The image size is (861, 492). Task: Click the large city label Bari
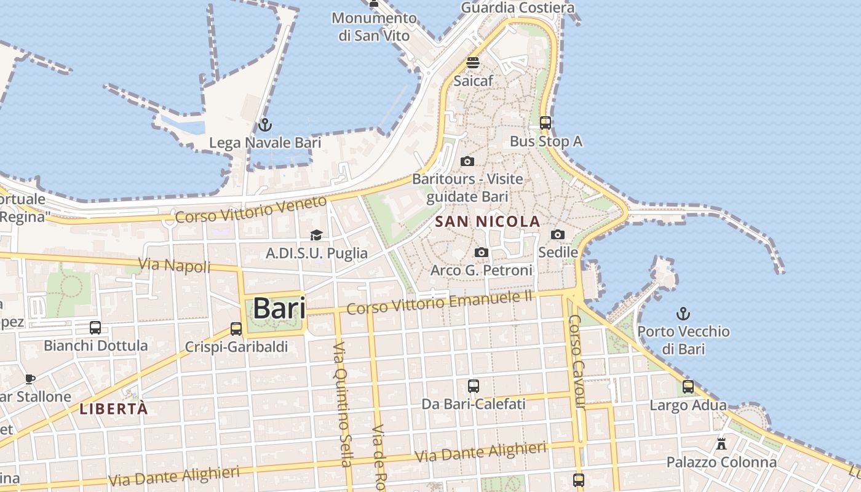280,308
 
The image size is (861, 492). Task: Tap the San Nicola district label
487,221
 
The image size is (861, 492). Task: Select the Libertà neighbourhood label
114,409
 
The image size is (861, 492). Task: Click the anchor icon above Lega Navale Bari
265,125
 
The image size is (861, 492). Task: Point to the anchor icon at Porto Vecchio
683,314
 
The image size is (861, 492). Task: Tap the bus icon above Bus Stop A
546,123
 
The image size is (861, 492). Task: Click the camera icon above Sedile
558,234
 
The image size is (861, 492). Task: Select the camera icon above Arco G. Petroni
482,252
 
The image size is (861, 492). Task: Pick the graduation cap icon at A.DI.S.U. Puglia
316,235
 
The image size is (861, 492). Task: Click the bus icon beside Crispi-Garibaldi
236,328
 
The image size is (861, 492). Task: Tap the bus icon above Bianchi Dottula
95,327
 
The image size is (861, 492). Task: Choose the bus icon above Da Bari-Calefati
473,386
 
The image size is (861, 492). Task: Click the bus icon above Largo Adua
688,387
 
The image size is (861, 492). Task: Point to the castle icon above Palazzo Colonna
721,443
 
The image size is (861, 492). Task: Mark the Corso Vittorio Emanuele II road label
439,303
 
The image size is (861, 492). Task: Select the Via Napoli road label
175,265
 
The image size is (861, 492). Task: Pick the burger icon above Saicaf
473,63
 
